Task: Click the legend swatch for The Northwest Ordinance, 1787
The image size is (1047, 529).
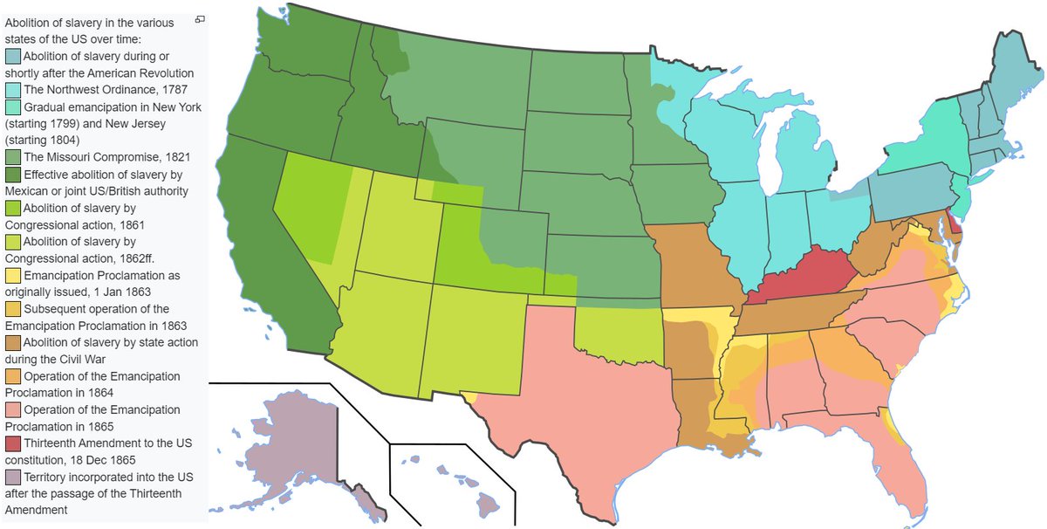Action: pyautogui.click(x=13, y=90)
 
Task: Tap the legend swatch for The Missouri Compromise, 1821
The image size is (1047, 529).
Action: pyautogui.click(x=13, y=157)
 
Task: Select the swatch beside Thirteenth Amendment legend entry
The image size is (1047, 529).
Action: pyautogui.click(x=13, y=443)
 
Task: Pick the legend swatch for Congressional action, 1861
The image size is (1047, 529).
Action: pyautogui.click(x=13, y=208)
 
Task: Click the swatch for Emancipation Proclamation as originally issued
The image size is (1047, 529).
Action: pyautogui.click(x=13, y=275)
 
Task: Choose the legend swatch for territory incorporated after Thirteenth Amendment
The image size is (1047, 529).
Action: pyautogui.click(x=13, y=477)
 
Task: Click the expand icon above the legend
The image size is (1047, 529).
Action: pyautogui.click(x=200, y=18)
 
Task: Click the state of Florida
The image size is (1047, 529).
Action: pyautogui.click(x=907, y=463)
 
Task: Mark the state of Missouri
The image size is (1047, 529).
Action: pyautogui.click(x=694, y=262)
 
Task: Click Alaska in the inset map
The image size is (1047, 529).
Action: pyautogui.click(x=305, y=436)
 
